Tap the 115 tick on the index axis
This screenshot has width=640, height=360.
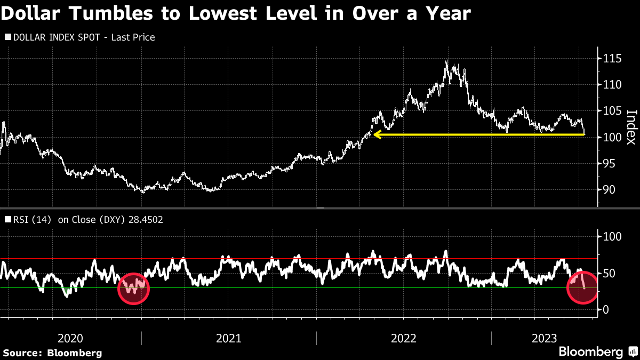(610, 58)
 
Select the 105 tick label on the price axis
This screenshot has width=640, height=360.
(610, 111)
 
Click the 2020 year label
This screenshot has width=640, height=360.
(70, 338)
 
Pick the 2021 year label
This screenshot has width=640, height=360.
(229, 338)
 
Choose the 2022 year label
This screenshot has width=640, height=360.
(404, 338)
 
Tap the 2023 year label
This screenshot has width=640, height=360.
(545, 338)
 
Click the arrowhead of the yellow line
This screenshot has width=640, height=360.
(377, 135)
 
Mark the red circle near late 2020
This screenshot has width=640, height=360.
(133, 288)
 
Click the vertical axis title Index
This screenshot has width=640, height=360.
(631, 127)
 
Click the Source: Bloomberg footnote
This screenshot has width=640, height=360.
(52, 353)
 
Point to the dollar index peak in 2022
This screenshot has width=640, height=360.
(446, 61)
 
